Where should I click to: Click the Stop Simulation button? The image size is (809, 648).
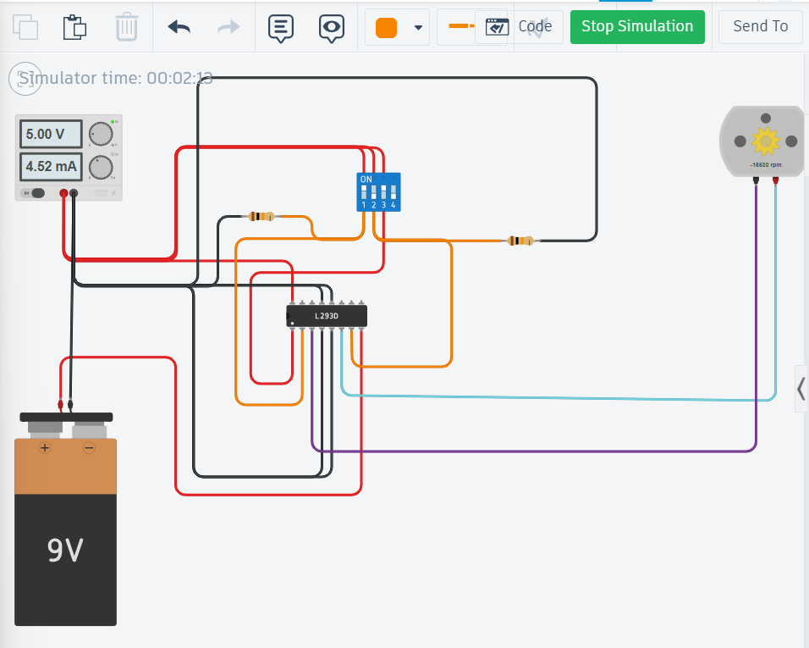[636, 26]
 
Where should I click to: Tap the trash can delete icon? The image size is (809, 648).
[126, 27]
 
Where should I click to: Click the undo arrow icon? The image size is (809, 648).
[179, 27]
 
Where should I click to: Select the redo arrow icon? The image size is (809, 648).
[228, 27]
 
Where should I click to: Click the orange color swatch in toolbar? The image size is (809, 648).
[386, 27]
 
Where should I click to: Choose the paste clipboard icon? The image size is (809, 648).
[75, 27]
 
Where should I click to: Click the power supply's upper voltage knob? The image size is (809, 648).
[101, 134]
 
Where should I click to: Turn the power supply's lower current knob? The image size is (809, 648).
[101, 167]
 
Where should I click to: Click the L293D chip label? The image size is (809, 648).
[327, 316]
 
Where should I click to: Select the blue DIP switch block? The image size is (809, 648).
[378, 192]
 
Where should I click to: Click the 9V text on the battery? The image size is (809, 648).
[65, 551]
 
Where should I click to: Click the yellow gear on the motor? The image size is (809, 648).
[765, 141]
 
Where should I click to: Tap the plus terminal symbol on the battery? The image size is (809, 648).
[44, 447]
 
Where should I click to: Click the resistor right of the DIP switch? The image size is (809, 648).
[520, 241]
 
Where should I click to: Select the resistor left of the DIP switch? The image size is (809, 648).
[262, 217]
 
